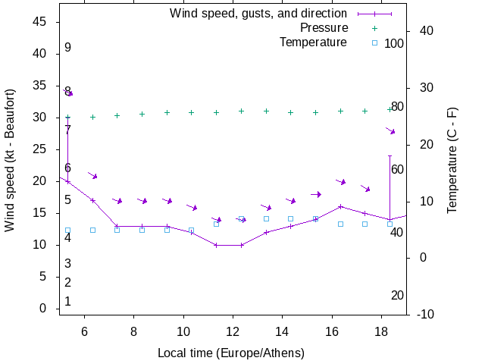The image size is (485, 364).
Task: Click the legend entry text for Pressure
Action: click(x=324, y=28)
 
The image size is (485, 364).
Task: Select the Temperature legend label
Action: click(x=313, y=42)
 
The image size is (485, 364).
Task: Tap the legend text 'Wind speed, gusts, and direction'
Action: click(x=258, y=14)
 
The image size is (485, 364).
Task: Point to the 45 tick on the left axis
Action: click(x=41, y=22)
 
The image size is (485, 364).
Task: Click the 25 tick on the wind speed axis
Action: click(x=41, y=149)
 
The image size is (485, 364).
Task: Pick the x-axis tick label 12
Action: click(x=233, y=331)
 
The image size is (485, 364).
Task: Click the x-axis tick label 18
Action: click(x=381, y=331)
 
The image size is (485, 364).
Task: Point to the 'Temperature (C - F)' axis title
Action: click(x=452, y=160)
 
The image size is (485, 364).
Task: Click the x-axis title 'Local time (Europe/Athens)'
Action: click(x=231, y=353)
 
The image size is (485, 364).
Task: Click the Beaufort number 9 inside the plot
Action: click(x=67, y=48)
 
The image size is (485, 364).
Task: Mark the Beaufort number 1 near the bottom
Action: click(x=67, y=301)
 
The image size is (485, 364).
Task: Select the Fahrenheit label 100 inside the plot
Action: click(x=394, y=43)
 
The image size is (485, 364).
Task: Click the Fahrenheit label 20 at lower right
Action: click(x=397, y=295)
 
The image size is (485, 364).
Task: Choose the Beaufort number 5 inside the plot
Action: click(x=67, y=200)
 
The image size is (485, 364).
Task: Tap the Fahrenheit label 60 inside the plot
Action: click(x=397, y=169)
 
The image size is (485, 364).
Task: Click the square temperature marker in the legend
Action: click(x=374, y=42)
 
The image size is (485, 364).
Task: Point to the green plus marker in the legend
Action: click(x=374, y=28)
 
